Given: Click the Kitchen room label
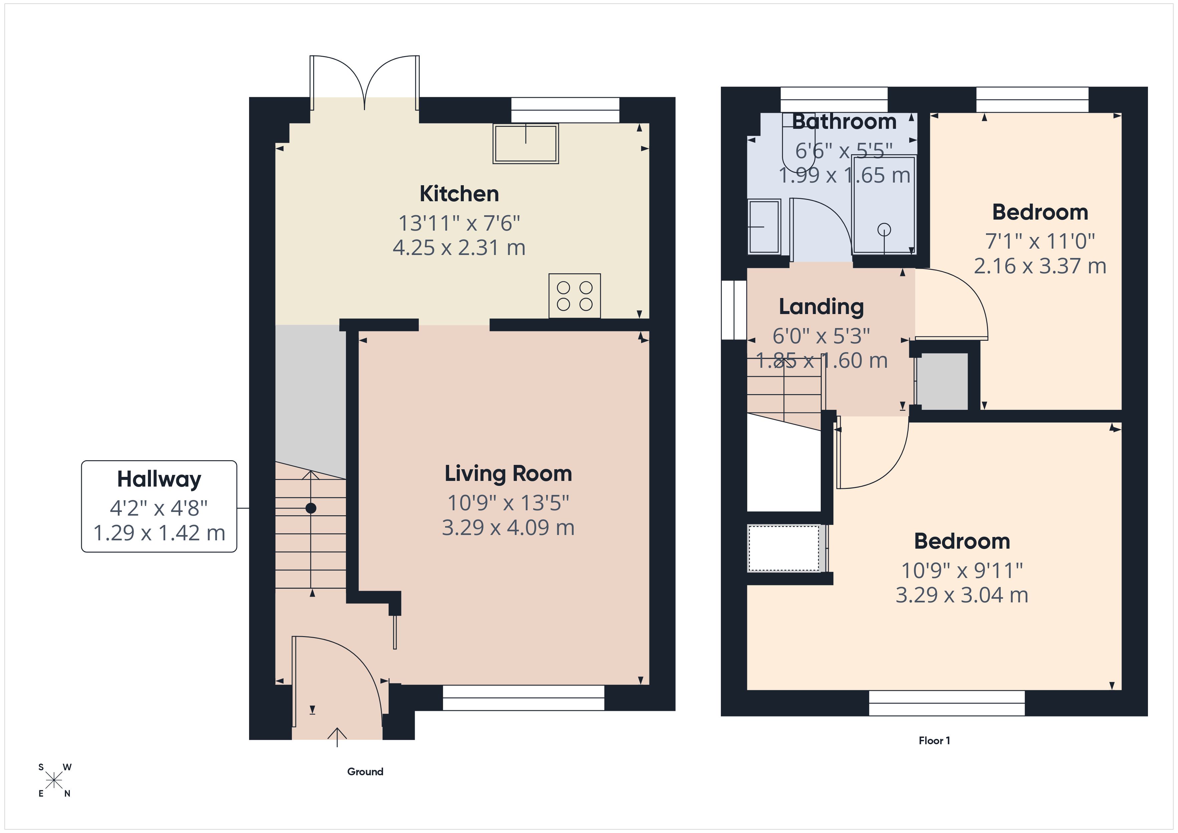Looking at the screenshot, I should click(x=459, y=194).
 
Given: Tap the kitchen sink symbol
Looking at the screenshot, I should click(x=525, y=144).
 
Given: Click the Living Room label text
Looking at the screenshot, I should click(x=508, y=474).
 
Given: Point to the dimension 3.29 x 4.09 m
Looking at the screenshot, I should click(x=508, y=528).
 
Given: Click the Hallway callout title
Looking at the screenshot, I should click(x=159, y=479).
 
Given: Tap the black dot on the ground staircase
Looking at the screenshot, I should click(x=311, y=508).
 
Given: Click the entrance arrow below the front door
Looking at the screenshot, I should click(x=337, y=737).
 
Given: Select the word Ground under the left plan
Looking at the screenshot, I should click(x=365, y=772).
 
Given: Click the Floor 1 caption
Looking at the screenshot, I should click(x=934, y=741).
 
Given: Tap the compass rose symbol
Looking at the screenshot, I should click(x=54, y=781).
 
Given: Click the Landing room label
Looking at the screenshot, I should click(x=821, y=307).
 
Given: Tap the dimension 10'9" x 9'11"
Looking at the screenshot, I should click(x=962, y=570).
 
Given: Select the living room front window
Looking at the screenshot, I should click(x=523, y=698).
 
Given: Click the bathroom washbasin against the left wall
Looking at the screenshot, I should click(x=764, y=227).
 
